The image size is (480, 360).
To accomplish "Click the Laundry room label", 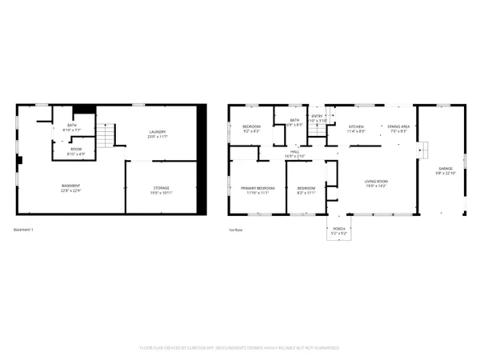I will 158,132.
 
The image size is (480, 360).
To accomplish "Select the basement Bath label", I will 72,125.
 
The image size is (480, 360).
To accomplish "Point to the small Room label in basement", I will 76,149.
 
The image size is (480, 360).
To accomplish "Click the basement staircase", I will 106,137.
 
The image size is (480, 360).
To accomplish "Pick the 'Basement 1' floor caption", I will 23,230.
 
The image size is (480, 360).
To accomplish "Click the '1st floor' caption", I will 235,230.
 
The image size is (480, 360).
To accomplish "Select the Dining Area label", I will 398,126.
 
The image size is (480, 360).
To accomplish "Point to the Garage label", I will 445,169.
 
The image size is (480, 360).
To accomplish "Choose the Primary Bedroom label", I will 258,188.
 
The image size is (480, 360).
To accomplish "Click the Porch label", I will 339,229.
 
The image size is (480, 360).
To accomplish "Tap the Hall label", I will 294,151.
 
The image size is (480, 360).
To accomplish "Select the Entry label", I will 317,117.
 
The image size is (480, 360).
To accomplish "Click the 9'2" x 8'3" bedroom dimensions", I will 251,130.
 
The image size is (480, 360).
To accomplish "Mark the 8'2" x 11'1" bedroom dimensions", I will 306,193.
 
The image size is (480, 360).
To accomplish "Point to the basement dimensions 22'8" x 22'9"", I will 71,191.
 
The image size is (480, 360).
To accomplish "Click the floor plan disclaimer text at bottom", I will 240,348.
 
